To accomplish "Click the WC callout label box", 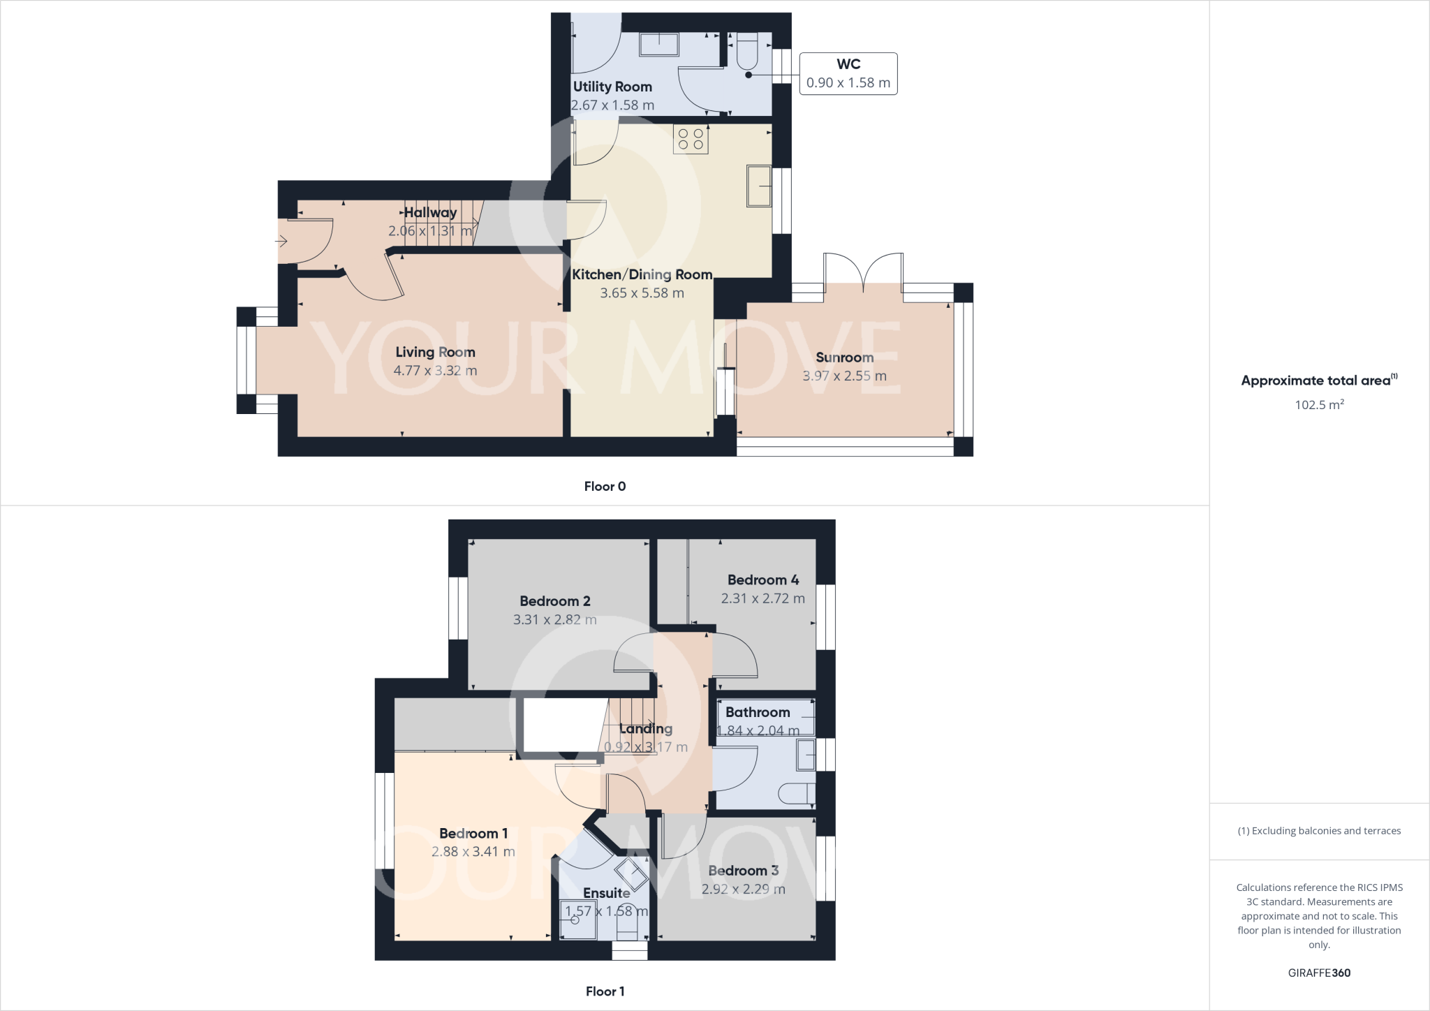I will tap(848, 73).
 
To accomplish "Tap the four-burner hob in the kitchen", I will tap(691, 139).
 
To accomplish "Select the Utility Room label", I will tap(612, 87).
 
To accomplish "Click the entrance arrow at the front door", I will tap(281, 242).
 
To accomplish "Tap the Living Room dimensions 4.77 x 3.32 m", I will tap(435, 371).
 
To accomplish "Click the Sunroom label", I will tap(844, 357).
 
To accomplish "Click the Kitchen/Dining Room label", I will tap(642, 274).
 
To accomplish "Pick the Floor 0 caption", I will tap(605, 487).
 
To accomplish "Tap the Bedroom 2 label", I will tap(555, 601).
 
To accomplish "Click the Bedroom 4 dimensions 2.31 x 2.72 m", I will tap(762, 598).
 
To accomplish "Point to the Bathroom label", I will tap(758, 712).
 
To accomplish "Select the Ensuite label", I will tap(606, 893).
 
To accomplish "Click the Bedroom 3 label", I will tap(743, 871).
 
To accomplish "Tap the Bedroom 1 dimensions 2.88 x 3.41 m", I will tap(473, 852).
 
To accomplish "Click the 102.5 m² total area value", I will tap(1319, 405).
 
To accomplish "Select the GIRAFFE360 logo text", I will tap(1319, 973).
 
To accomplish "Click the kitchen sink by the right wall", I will tap(759, 186).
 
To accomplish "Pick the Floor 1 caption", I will tap(605, 991).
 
